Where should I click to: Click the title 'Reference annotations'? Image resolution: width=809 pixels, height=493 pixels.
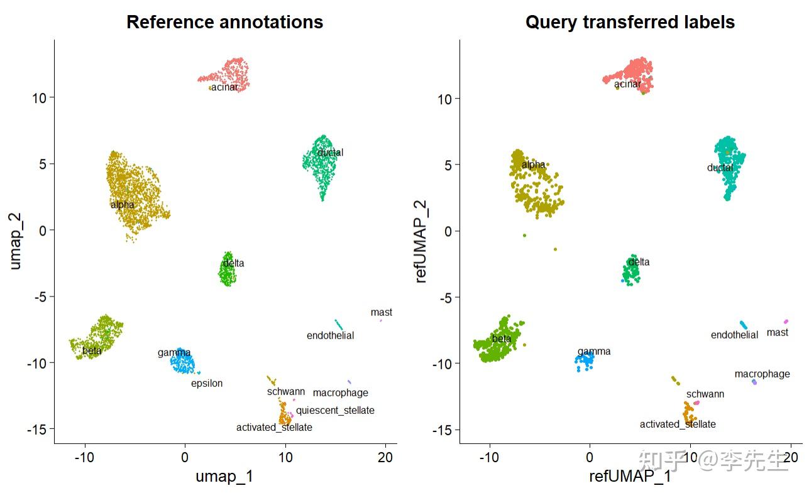coord(224,22)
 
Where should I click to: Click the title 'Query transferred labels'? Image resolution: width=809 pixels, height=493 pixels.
coord(630,22)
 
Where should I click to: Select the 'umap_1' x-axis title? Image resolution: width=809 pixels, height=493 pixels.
coord(224,476)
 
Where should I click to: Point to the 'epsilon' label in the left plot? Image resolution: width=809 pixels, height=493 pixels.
coord(207,383)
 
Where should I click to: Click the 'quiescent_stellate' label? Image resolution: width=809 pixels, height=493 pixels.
coord(335,410)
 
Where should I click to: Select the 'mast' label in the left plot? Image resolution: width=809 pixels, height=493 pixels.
coord(381,312)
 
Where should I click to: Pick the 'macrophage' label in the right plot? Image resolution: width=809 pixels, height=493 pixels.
coord(762,374)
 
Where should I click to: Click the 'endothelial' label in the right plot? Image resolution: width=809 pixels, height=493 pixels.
coord(734,335)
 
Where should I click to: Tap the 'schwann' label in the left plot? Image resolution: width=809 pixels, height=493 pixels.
coord(285,391)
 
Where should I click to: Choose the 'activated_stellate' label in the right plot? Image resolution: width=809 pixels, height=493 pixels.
coord(678,424)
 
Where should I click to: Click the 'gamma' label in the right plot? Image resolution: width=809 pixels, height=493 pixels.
coord(594,351)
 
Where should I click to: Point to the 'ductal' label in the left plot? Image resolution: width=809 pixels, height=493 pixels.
coord(330,152)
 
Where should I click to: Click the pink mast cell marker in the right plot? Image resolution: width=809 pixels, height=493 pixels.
coord(786,322)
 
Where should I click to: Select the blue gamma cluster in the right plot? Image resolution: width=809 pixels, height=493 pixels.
coord(585,360)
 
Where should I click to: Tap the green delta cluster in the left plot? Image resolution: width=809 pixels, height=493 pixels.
coord(228,272)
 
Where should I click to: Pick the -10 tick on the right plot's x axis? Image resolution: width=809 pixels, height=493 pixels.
coord(490,457)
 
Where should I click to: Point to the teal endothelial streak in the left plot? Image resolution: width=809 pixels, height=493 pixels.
coord(339,325)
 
